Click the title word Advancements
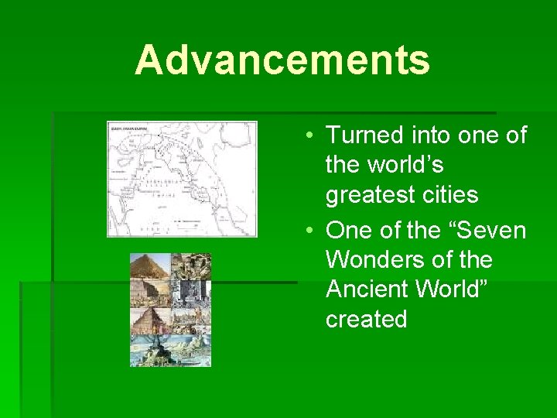(x=282, y=60)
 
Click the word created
(x=367, y=319)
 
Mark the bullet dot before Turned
(x=308, y=136)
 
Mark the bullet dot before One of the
(x=308, y=231)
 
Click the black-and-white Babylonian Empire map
(x=182, y=179)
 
